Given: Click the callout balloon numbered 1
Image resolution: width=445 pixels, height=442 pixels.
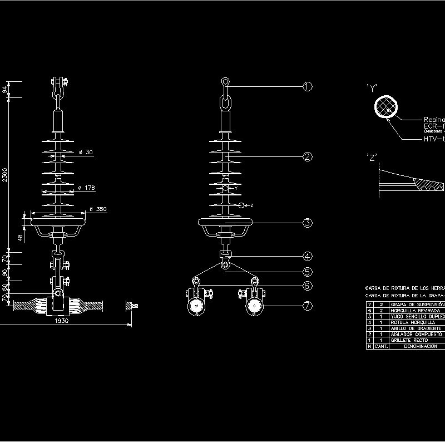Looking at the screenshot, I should click(308, 86).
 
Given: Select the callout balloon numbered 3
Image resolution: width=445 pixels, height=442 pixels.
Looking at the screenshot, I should click(308, 223).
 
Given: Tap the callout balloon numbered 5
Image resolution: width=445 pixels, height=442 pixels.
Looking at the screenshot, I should click(308, 272).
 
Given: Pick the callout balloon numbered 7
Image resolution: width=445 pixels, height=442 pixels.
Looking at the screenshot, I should click(308, 305).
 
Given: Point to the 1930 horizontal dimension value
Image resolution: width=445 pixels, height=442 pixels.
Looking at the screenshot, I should click(63, 321).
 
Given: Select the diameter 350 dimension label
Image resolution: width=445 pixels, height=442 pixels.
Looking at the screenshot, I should click(98, 209).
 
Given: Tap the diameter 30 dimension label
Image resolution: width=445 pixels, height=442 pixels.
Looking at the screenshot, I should click(86, 152).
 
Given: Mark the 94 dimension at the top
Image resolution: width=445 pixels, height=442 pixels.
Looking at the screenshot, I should click(5, 89).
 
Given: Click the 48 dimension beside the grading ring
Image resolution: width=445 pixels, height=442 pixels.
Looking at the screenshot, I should click(20, 237).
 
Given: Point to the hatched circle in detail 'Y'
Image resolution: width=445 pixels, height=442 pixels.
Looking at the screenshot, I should click(386, 106).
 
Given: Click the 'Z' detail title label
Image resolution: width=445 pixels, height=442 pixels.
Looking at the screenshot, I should click(372, 157).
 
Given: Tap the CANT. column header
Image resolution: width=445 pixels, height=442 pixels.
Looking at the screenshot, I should click(381, 346).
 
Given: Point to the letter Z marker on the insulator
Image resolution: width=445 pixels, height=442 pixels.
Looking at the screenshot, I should click(251, 205).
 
